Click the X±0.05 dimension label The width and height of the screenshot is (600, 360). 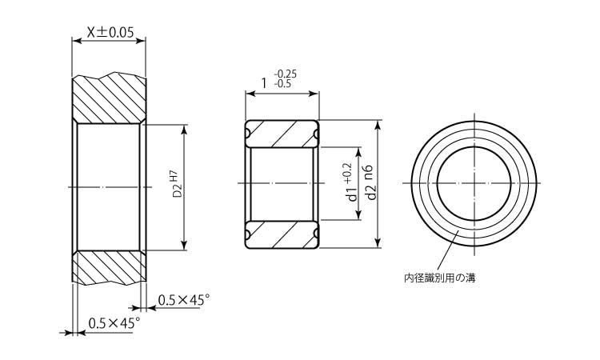(x=109, y=33)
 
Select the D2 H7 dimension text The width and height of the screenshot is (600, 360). (x=175, y=185)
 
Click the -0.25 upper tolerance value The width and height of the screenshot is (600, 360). (x=284, y=74)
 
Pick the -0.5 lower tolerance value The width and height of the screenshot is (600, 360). (x=282, y=83)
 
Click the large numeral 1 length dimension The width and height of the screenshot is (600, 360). (x=264, y=82)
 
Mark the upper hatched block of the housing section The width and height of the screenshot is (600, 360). (x=109, y=99)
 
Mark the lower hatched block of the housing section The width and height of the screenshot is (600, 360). (x=109, y=269)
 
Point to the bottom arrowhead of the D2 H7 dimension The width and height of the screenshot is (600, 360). (x=185, y=246)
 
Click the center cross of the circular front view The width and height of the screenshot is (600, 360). (x=474, y=185)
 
